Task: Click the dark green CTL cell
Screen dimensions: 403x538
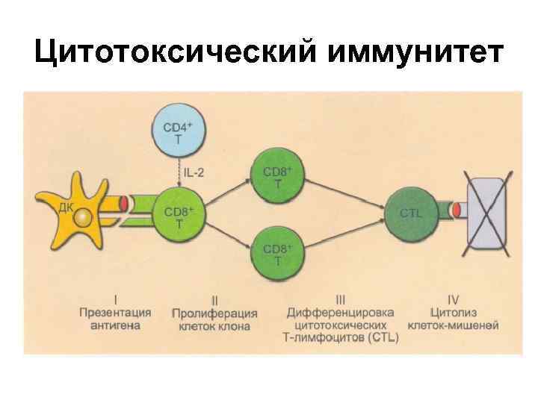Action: click(411, 213)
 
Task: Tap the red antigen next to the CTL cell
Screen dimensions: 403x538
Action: click(454, 212)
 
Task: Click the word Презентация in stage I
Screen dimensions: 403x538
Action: click(116, 313)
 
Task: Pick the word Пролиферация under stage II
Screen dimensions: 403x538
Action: click(214, 313)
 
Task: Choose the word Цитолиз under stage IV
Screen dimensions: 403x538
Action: click(454, 313)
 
